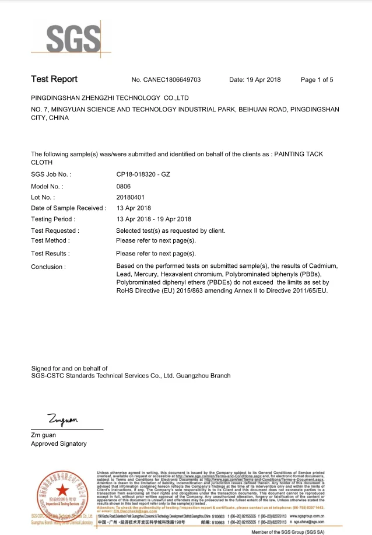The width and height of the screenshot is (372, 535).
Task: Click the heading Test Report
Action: point(54,79)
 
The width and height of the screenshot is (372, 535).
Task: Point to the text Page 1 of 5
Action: point(317,80)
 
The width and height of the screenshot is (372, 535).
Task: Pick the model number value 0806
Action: point(124,186)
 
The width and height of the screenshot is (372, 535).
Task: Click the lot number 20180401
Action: point(130,197)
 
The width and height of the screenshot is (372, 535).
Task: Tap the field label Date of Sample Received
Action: point(68,208)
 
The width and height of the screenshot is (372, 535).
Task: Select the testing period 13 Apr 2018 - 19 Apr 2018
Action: point(154,219)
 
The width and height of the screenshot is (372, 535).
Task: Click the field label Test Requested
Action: point(55,230)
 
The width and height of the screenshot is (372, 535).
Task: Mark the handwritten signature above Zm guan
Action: point(62,419)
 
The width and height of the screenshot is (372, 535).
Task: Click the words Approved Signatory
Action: point(58,444)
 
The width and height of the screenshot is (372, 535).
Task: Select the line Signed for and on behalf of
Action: point(69,368)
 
